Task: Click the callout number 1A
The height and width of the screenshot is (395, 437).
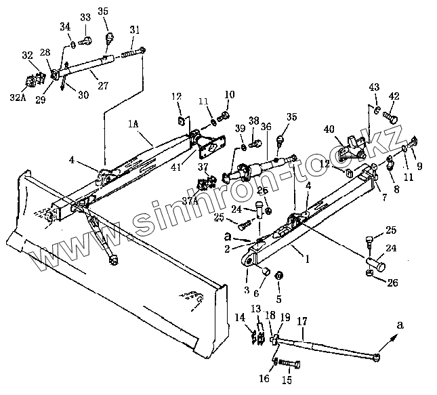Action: point(134,125)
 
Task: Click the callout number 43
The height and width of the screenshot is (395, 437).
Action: point(375,87)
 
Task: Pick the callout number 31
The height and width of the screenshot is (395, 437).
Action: point(136,30)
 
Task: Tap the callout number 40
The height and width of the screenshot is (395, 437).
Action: point(330,129)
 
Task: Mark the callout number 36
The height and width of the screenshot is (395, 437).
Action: point(266,126)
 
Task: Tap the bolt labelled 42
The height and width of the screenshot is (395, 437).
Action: point(392,117)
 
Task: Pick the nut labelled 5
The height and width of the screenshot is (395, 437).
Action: point(281,278)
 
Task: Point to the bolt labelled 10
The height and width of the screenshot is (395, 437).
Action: point(225,115)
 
